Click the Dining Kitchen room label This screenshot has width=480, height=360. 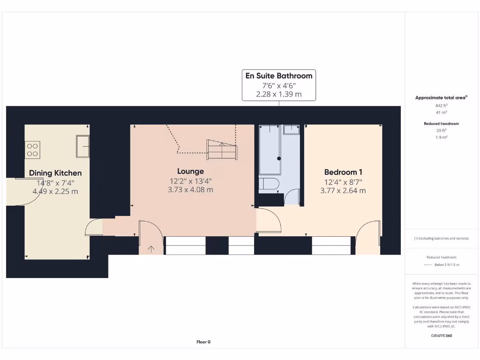pyautogui.click(x=55, y=173)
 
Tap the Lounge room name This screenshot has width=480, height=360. pyautogui.click(x=190, y=171)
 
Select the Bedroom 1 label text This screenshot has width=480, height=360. pyautogui.click(x=343, y=172)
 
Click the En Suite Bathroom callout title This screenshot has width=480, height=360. pyautogui.click(x=279, y=75)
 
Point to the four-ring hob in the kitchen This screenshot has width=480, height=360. pyautogui.click(x=33, y=149)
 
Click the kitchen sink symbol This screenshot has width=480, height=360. pyautogui.click(x=82, y=147)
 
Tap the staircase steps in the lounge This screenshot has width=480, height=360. pyautogui.click(x=222, y=150)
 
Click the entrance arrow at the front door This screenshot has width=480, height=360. pyautogui.click(x=151, y=249)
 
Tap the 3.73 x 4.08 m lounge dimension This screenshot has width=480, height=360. pyautogui.click(x=190, y=190)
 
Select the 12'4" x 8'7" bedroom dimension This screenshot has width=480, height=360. pyautogui.click(x=343, y=181)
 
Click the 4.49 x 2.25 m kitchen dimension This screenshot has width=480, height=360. pyautogui.click(x=55, y=192)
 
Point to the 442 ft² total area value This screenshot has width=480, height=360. pyautogui.click(x=441, y=106)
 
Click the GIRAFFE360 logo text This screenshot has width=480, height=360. pyautogui.click(x=441, y=336)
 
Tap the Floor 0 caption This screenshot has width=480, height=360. pyautogui.click(x=203, y=342)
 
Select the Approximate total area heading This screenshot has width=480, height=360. pyautogui.click(x=441, y=97)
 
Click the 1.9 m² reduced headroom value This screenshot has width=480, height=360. pyautogui.click(x=441, y=138)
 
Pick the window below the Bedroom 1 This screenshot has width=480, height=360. pyautogui.click(x=331, y=246)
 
